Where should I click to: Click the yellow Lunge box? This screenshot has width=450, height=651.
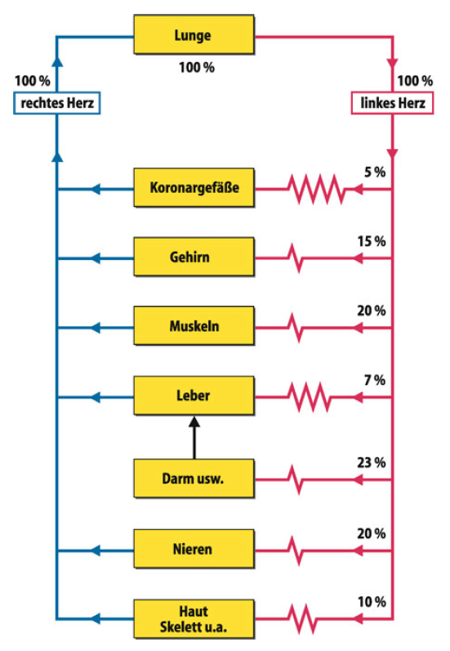click(x=194, y=35)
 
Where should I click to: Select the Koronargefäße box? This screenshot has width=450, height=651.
click(x=194, y=187)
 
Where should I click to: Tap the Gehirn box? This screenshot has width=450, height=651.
click(x=194, y=257)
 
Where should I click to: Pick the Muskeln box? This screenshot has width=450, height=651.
click(x=194, y=326)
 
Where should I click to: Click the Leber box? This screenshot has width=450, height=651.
click(x=194, y=396)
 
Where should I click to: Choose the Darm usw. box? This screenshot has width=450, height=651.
click(x=194, y=478)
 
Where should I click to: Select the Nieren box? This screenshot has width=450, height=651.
click(x=194, y=549)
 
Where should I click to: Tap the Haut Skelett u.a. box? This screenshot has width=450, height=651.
click(x=194, y=619)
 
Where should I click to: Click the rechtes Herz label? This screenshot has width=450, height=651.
click(x=57, y=103)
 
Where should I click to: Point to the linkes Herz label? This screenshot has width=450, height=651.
click(x=392, y=103)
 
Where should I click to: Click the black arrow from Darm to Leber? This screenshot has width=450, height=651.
click(x=194, y=438)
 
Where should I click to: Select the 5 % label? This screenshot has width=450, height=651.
click(x=375, y=172)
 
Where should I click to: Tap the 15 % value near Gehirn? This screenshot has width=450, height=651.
click(x=372, y=241)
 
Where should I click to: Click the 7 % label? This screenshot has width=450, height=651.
click(x=375, y=380)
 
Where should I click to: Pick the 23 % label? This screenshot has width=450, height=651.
click(x=372, y=463)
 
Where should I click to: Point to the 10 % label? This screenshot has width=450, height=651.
click(x=372, y=602)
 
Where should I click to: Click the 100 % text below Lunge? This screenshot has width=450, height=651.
click(x=197, y=67)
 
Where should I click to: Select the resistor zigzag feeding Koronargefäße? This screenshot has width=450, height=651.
click(x=316, y=189)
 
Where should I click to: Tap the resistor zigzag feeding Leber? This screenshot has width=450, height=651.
click(x=310, y=397)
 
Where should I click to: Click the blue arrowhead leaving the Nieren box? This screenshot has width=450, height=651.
click(x=96, y=551)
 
